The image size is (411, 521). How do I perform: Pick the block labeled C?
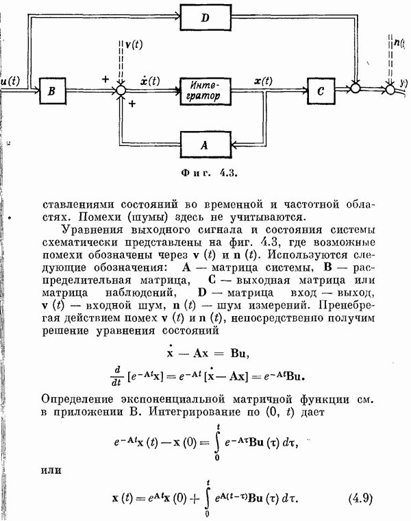pos(322,90)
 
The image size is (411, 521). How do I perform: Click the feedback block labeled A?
pos(206,145)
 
